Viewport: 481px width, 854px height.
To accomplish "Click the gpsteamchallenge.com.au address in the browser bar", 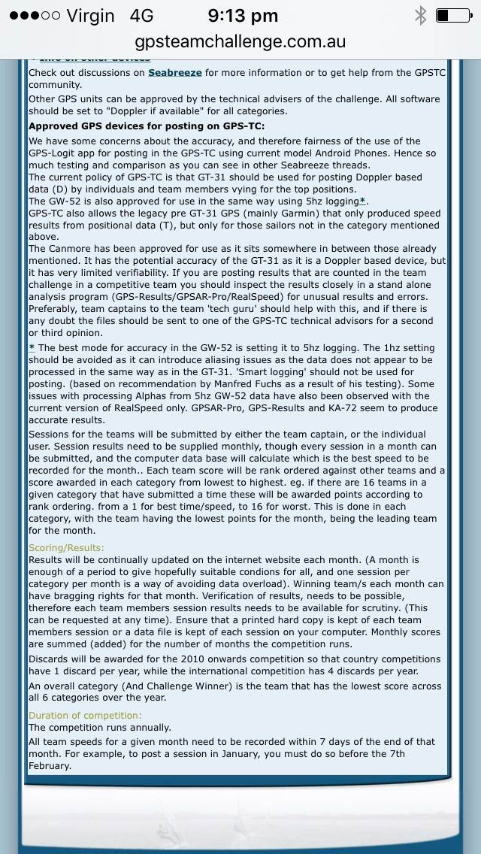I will [240, 41].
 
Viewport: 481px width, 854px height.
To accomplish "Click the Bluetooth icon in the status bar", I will [421, 15].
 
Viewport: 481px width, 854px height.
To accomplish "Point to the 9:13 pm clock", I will [243, 15].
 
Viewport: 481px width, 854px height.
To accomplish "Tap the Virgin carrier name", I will [90, 15].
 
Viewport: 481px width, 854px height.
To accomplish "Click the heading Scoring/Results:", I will [66, 548].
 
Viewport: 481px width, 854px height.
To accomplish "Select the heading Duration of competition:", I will [84, 716].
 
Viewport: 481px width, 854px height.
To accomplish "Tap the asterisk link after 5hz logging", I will [362, 201].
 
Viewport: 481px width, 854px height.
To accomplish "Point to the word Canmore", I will [77, 249].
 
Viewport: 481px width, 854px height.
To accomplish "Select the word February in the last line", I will [50, 766].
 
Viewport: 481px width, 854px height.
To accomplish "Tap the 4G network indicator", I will [141, 15].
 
